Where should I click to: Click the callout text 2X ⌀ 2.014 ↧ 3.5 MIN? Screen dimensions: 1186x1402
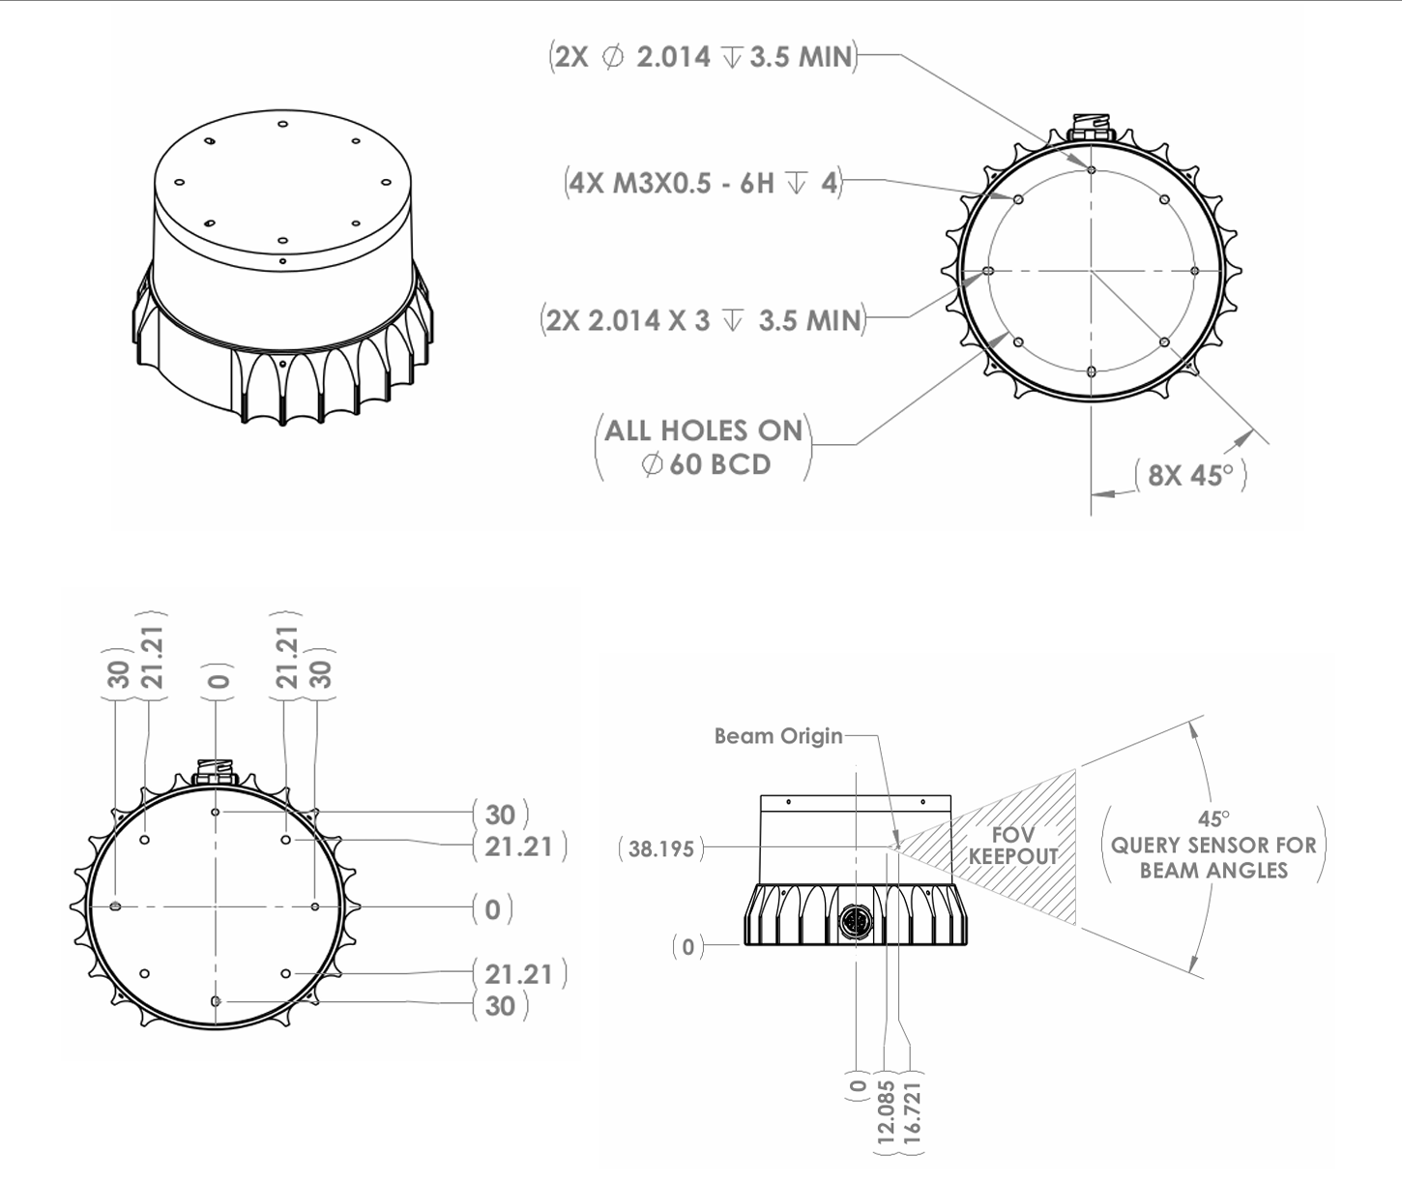click(x=703, y=57)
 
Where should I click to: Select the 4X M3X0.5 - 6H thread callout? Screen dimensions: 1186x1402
click(x=703, y=182)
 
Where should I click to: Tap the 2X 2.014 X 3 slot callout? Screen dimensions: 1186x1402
click(x=703, y=320)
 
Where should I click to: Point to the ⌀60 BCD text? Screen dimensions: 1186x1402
click(x=706, y=464)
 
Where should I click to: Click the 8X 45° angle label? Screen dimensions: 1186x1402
click(x=1190, y=475)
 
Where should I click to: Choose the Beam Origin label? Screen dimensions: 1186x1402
click(x=778, y=736)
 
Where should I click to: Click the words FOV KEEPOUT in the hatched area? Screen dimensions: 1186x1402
click(x=1013, y=845)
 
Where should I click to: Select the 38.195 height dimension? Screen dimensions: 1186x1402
click(x=661, y=849)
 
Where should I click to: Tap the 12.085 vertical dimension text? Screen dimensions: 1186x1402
click(x=886, y=1113)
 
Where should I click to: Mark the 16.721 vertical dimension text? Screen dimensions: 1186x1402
click(x=911, y=1113)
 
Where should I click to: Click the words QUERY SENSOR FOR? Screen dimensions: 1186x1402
click(x=1213, y=845)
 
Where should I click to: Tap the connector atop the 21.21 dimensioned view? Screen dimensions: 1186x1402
click(x=216, y=773)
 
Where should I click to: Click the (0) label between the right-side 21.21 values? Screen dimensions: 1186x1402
click(x=493, y=909)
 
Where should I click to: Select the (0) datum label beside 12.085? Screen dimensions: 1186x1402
click(x=858, y=1087)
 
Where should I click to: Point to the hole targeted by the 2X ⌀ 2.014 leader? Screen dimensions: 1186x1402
click(x=1091, y=170)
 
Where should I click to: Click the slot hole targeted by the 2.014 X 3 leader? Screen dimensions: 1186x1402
click(x=988, y=272)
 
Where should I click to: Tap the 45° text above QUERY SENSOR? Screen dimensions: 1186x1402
click(x=1213, y=819)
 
